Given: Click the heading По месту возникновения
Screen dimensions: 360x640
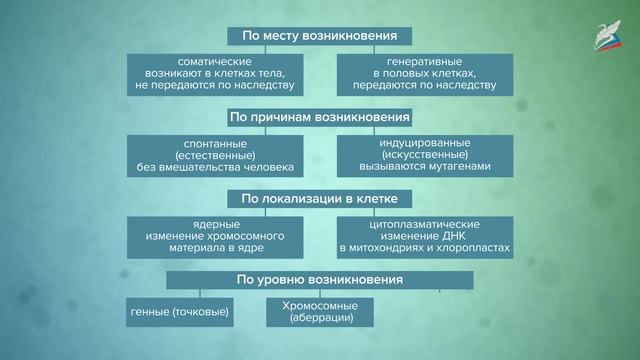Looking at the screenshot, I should (320, 37).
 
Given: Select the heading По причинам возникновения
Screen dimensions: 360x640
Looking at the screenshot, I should (320, 117).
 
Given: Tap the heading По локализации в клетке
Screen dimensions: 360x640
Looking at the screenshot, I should (320, 197).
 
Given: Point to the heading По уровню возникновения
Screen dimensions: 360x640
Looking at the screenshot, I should (320, 280).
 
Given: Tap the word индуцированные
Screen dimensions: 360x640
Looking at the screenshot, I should (424, 144).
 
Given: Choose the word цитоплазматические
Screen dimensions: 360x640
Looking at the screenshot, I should (424, 224).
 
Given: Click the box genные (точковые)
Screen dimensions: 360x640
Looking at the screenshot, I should (180, 313).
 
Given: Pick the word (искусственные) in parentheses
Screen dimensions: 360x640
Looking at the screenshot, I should (424, 155).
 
